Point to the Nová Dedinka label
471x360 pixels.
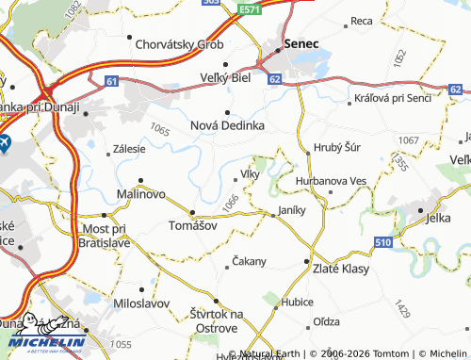(227, 124)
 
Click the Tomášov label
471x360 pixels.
(192, 226)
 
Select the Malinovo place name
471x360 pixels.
(140, 193)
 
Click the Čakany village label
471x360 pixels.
(250, 261)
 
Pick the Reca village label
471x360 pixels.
(362, 20)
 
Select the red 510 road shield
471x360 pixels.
(382, 242)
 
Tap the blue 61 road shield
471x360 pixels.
(112, 82)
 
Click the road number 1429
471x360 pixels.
(403, 308)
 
